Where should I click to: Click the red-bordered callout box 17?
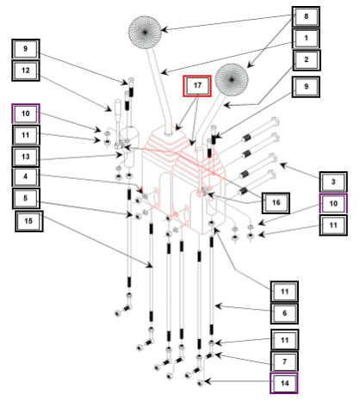[197, 86]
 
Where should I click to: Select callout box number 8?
[306, 16]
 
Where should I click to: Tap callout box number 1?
[306, 38]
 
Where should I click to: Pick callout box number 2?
[307, 60]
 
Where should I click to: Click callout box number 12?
[26, 71]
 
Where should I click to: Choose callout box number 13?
[26, 157]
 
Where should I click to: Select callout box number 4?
[26, 176]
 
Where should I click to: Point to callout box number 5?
[26, 198]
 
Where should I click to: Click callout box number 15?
[28, 221]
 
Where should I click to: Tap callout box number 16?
[276, 203]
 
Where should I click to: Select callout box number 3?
[333, 182]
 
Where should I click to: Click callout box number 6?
[284, 313]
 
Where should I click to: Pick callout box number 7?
[284, 361]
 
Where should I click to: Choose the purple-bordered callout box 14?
[284, 383]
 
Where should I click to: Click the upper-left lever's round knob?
[145, 32]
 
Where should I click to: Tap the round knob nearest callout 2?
[232, 79]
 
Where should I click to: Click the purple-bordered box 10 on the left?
[26, 114]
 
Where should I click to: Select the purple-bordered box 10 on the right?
[333, 204]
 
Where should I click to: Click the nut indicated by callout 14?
[201, 383]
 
